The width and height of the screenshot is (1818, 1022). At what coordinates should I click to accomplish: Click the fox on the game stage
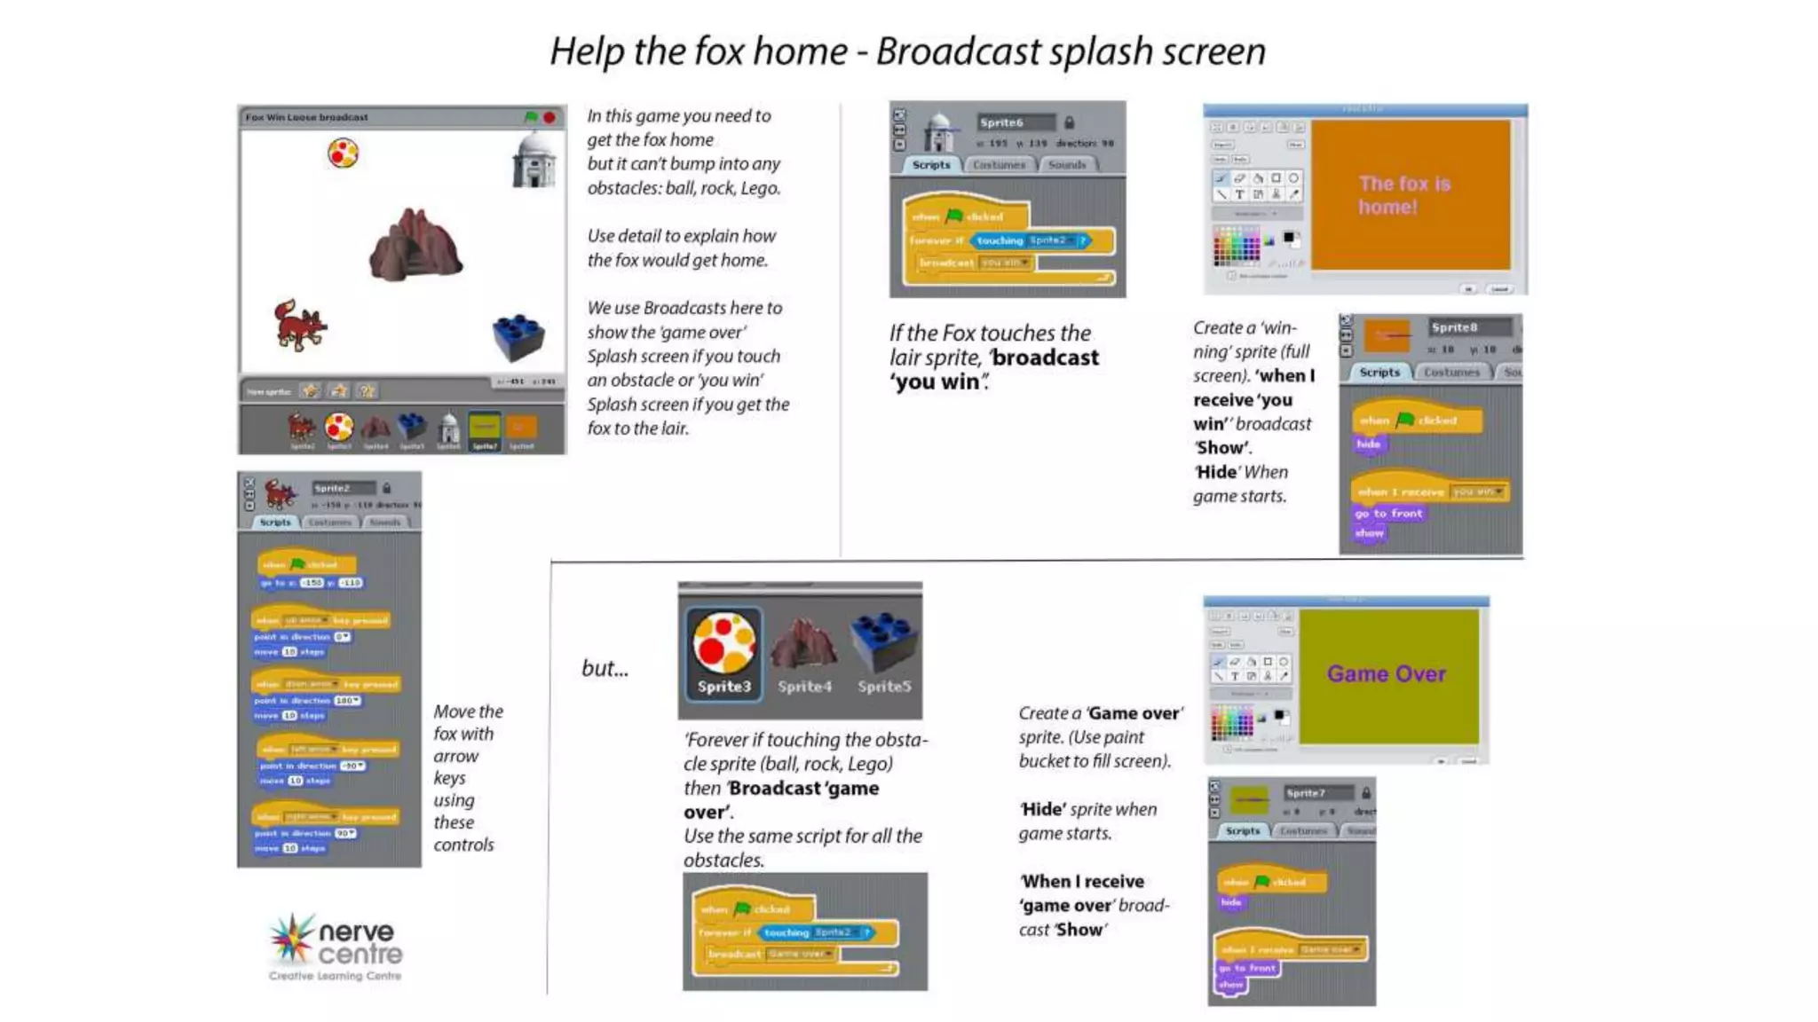tap(299, 326)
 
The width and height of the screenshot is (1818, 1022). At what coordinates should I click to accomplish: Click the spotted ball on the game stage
tap(343, 153)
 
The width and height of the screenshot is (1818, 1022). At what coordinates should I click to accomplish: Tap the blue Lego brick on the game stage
tap(518, 337)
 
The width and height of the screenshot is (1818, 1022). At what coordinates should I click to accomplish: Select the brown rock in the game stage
tap(415, 246)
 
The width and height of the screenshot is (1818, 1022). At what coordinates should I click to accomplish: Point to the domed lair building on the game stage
tap(534, 161)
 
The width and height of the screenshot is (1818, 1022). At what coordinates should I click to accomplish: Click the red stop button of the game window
tap(549, 117)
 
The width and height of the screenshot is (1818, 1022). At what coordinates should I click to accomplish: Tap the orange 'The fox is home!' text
tap(1403, 195)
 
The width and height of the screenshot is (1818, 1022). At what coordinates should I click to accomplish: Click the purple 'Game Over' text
tap(1387, 674)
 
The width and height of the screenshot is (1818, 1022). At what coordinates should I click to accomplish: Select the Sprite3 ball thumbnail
tap(724, 653)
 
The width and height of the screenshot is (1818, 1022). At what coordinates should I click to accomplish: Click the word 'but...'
tap(605, 669)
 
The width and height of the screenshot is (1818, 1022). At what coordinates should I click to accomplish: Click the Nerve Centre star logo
tap(292, 939)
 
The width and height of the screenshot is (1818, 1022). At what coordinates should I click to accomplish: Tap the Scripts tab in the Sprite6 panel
tap(930, 165)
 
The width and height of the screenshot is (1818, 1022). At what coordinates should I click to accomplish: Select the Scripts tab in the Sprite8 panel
tap(1379, 373)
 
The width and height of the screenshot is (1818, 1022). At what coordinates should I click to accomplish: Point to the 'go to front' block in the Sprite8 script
tap(1388, 514)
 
